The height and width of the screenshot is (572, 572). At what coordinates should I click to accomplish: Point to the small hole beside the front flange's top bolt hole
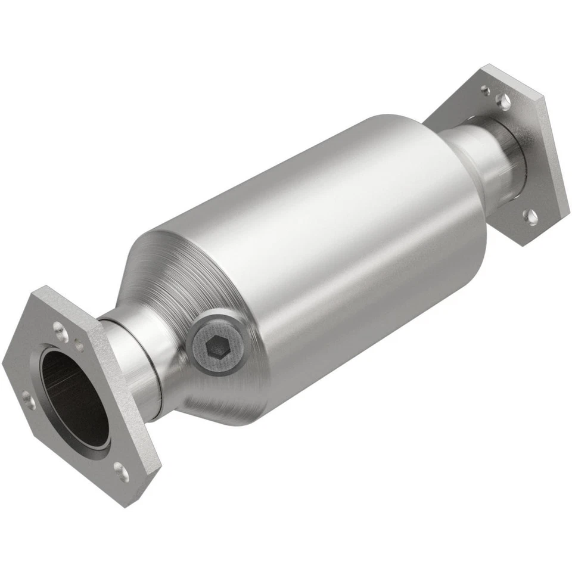(x=79, y=344)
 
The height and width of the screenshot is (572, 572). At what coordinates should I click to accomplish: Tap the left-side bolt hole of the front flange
(x=27, y=399)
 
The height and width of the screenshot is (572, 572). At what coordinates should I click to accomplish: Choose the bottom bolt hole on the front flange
(x=122, y=472)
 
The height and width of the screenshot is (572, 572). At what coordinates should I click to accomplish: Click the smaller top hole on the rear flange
(x=486, y=91)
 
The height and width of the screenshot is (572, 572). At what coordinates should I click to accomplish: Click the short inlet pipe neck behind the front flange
(x=137, y=363)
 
